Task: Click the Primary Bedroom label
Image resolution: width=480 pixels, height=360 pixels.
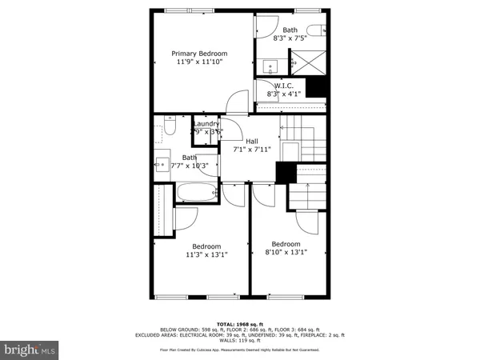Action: [198, 54]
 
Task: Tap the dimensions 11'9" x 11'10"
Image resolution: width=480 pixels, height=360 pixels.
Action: [198, 62]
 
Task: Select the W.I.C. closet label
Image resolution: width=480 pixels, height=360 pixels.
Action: [285, 86]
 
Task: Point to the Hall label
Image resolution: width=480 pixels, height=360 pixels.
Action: [252, 141]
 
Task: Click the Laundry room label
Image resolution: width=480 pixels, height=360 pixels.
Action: [206, 124]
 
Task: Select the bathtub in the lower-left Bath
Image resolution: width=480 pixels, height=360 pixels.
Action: [195, 193]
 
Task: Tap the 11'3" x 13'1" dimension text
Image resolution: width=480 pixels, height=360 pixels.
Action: [206, 255]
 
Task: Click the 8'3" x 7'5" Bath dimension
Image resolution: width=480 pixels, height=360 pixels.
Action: [289, 38]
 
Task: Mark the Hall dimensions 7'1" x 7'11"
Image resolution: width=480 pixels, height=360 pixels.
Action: [252, 149]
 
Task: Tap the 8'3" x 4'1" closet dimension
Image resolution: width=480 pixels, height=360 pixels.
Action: [285, 94]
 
